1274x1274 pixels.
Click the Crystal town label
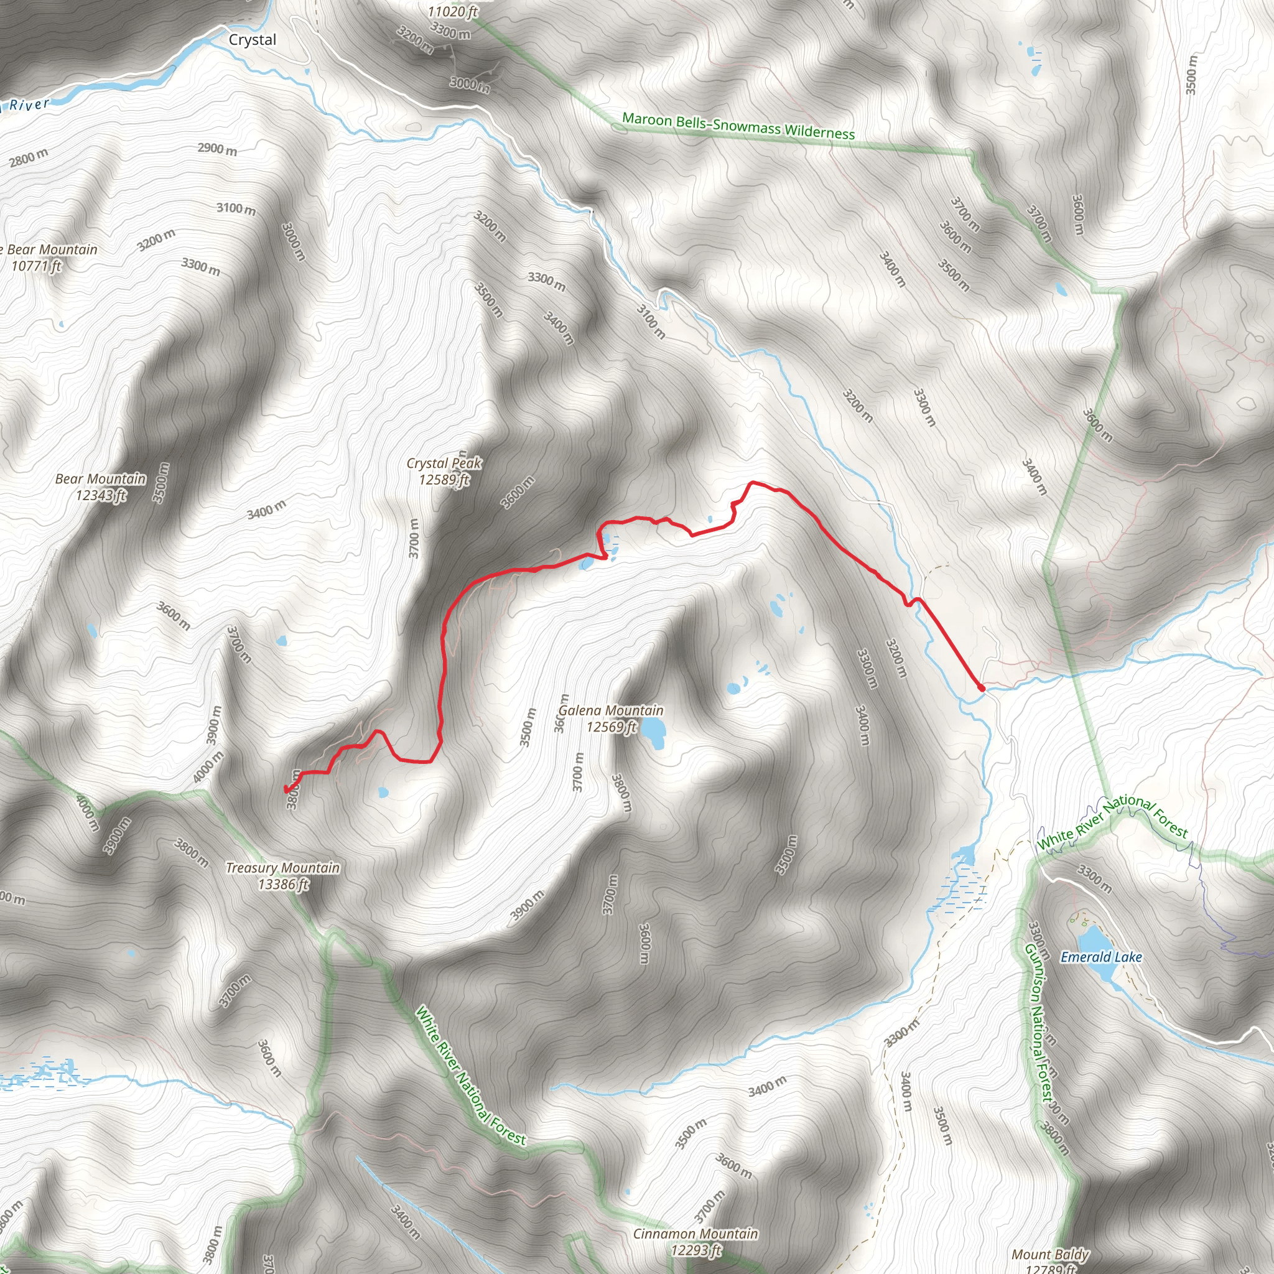click(x=253, y=40)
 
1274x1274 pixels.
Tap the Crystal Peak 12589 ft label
click(x=444, y=472)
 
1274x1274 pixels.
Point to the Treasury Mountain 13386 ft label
click(x=283, y=876)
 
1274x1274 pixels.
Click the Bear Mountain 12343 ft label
click(x=100, y=486)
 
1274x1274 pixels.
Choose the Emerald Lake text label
click(x=1100, y=957)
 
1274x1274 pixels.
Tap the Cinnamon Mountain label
click(x=695, y=1241)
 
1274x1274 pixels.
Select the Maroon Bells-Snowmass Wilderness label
click(x=738, y=126)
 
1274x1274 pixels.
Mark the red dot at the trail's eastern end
click(x=981, y=688)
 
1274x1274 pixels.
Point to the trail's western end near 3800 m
click(x=286, y=789)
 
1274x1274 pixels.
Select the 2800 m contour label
click(x=29, y=158)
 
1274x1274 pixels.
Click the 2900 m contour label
click(x=217, y=149)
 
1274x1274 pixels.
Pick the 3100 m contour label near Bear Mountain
click(x=236, y=209)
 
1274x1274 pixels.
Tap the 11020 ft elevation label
click(x=452, y=11)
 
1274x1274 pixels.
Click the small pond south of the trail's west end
click(x=383, y=792)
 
